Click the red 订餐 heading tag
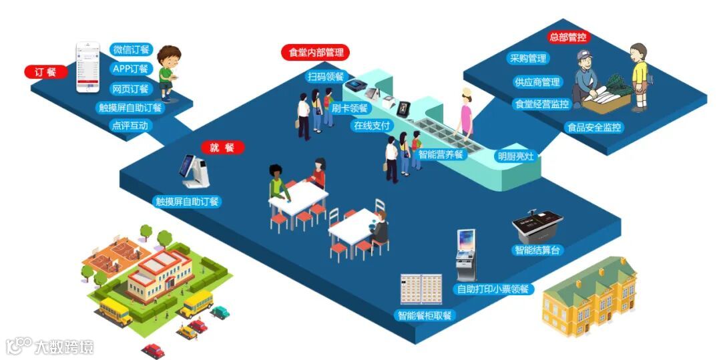coord(46,71)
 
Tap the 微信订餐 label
coord(132,50)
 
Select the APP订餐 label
coord(131,69)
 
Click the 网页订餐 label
coord(131,88)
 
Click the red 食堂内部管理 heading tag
coord(315,52)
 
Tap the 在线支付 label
coord(373,125)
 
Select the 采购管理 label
coord(527,59)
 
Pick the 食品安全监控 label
coord(593,126)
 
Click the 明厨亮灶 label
coord(516,156)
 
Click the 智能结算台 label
coord(537,250)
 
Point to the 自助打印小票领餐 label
coord(493,289)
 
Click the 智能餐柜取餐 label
coord(425,315)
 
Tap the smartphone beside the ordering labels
coord(87,67)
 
